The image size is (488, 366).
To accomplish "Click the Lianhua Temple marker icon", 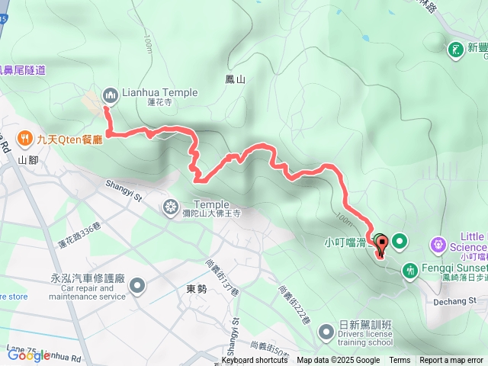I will tap(111, 94).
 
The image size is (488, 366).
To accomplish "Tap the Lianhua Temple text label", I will tap(159, 93).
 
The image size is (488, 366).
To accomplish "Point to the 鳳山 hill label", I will tap(236, 79).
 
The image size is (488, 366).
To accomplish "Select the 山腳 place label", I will tap(27, 160).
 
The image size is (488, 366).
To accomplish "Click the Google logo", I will tap(28, 355).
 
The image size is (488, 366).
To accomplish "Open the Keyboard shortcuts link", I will tap(255, 361).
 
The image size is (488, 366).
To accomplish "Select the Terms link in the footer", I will tap(400, 361).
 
